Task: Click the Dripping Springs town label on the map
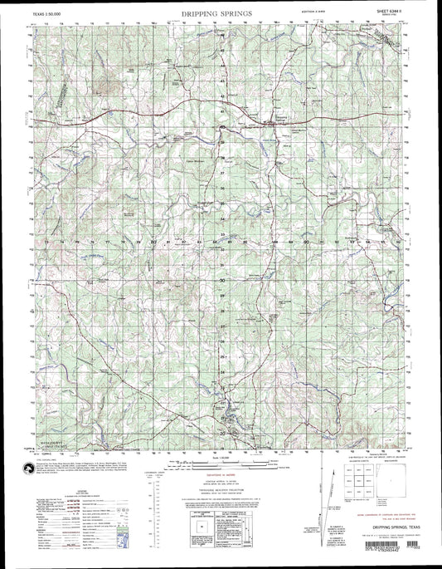click(x=283, y=118)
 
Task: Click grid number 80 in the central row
click(x=154, y=242)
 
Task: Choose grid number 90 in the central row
click(x=306, y=242)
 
